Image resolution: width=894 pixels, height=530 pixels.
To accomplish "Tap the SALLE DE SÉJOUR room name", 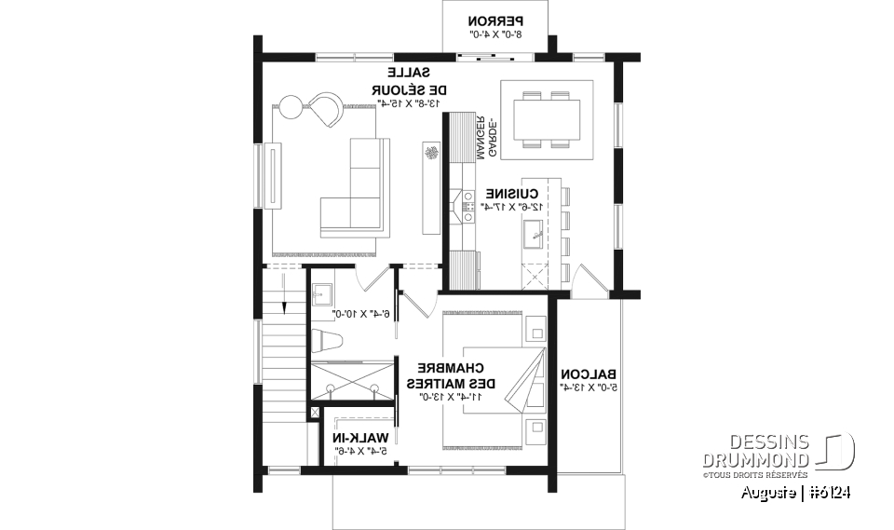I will click(411, 81).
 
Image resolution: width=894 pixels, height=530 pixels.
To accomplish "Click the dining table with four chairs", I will click(547, 118).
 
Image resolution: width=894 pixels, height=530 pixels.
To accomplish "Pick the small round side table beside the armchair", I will click(290, 108).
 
